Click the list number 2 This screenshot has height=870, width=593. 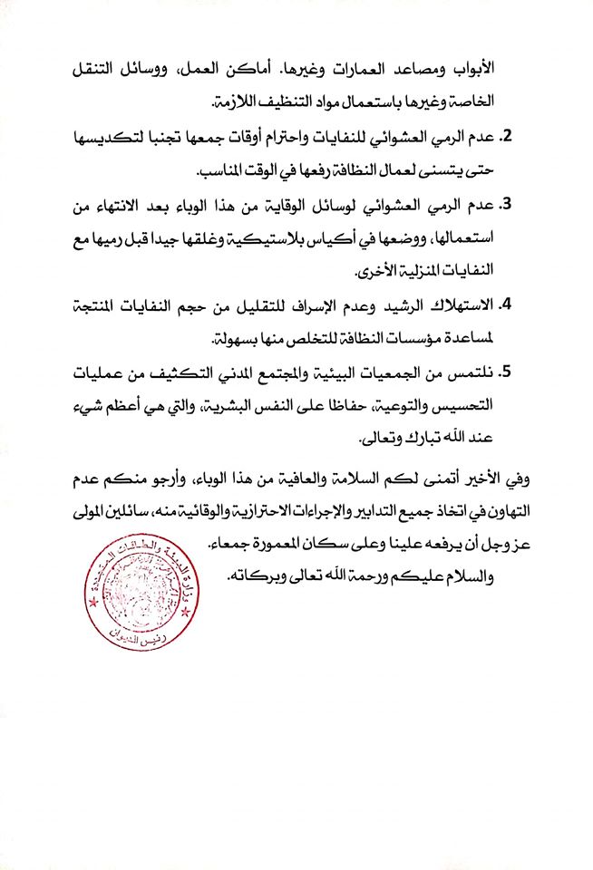click(508, 137)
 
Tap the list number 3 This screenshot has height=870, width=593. click(508, 205)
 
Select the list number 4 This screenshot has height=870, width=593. click(508, 304)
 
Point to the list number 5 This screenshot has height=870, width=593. click(508, 372)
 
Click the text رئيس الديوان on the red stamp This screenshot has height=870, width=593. click(141, 635)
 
